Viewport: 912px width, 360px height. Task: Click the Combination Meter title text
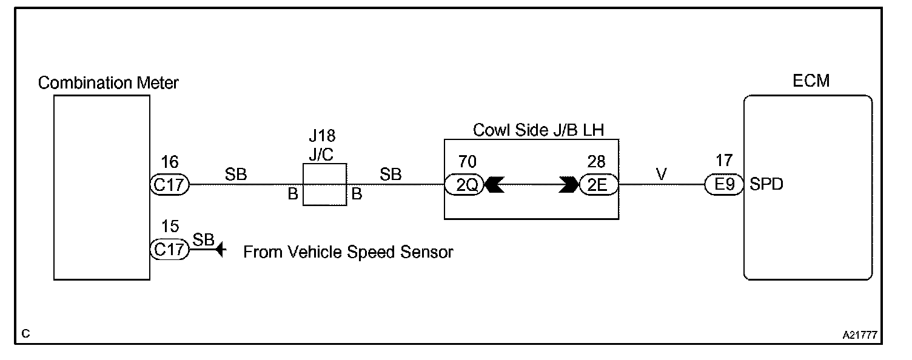108,83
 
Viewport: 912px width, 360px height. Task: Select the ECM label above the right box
811,81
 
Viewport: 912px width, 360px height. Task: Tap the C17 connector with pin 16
170,184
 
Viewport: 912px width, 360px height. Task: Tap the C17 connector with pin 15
170,250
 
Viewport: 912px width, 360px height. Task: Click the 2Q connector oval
464,184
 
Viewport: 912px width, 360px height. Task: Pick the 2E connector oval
598,184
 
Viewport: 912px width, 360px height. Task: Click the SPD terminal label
766,184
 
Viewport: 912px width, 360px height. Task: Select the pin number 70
468,162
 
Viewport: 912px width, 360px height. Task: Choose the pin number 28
597,162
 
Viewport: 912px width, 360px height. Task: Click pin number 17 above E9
724,162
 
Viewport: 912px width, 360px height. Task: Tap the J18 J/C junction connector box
325,184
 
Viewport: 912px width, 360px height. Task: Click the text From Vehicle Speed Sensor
348,252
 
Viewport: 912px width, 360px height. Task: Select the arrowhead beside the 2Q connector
495,184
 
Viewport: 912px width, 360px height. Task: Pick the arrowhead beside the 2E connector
569,184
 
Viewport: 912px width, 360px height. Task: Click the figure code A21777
860,334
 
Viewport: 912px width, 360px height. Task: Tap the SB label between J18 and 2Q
391,174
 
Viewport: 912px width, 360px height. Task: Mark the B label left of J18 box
293,195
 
